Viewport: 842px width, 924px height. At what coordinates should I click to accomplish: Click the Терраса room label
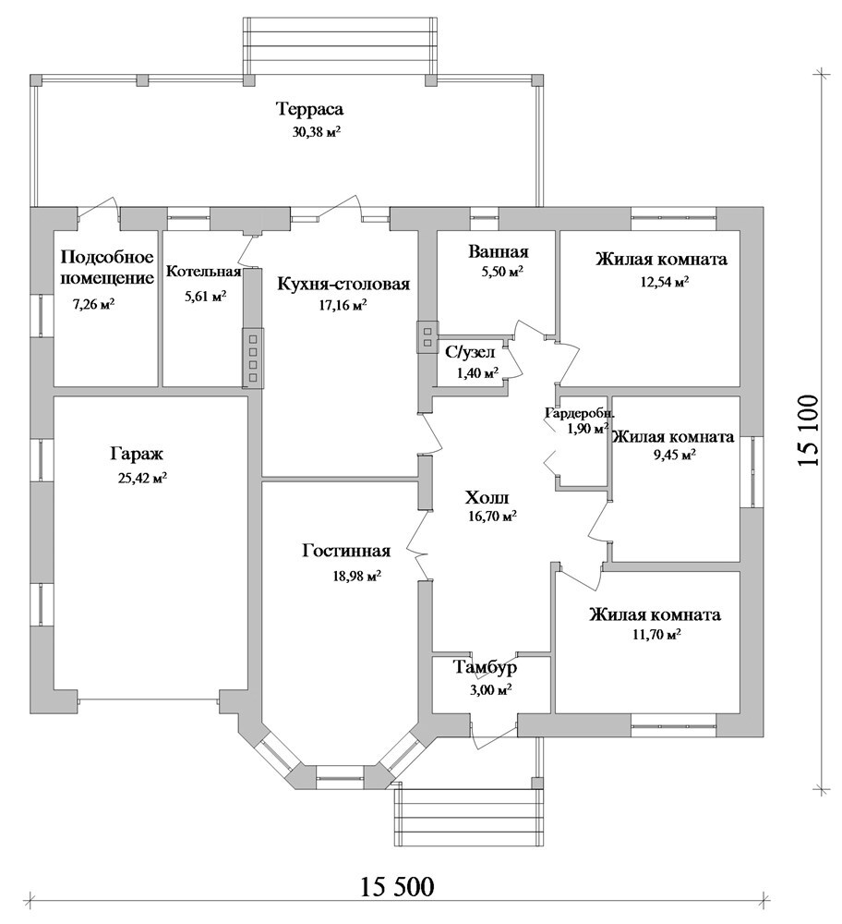click(309, 109)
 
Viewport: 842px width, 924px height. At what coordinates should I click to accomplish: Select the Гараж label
click(136, 455)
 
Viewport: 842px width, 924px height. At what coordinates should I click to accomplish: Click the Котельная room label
click(203, 272)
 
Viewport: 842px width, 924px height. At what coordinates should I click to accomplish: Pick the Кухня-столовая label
click(343, 284)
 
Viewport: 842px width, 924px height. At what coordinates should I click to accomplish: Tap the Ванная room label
click(498, 251)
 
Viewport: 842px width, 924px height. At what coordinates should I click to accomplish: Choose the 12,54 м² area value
click(661, 283)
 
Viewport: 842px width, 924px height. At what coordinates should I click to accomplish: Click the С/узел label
click(470, 352)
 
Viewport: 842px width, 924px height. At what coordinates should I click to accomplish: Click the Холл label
click(486, 496)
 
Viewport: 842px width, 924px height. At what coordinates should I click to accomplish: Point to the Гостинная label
click(346, 552)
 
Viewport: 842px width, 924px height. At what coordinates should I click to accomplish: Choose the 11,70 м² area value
click(654, 636)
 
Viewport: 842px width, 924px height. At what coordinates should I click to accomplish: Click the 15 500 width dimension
click(395, 887)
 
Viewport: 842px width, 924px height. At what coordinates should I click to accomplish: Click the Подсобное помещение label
click(105, 268)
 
